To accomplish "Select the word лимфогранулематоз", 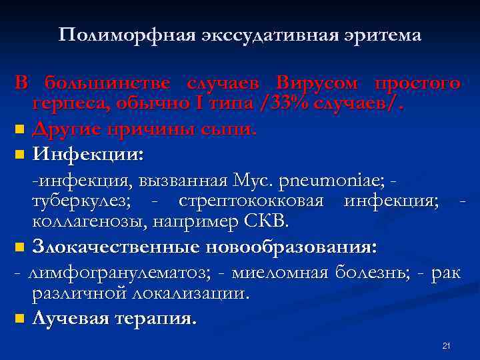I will pos(121,273).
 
